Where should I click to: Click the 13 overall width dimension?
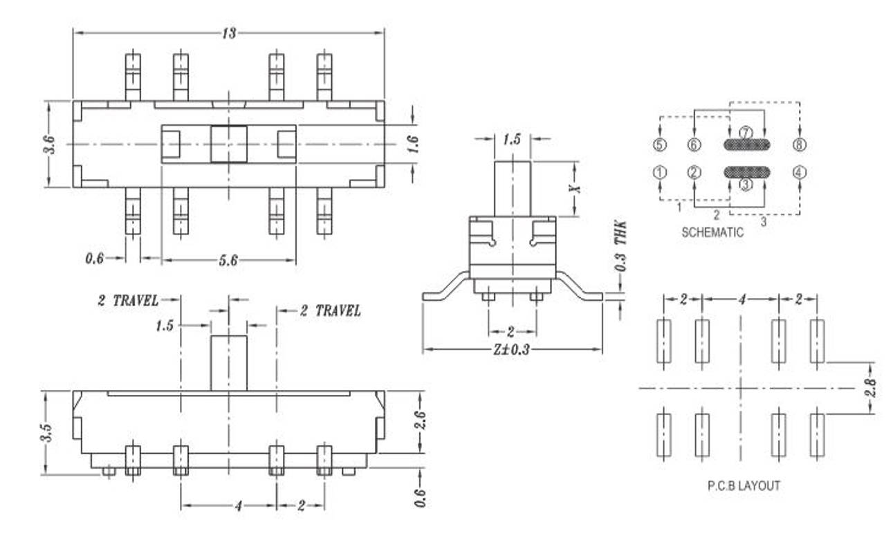(229, 33)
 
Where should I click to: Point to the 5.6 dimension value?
(229, 260)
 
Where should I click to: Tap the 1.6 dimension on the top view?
(412, 144)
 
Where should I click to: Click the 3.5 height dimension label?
(48, 432)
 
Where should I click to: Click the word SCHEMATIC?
(712, 232)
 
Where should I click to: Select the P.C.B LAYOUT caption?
(743, 486)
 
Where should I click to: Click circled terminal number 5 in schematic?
(660, 145)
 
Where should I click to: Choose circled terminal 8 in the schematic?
(800, 145)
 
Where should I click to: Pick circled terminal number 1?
(660, 173)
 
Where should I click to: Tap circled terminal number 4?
(800, 173)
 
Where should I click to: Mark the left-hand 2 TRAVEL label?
(128, 301)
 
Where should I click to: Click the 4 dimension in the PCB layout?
(741, 299)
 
